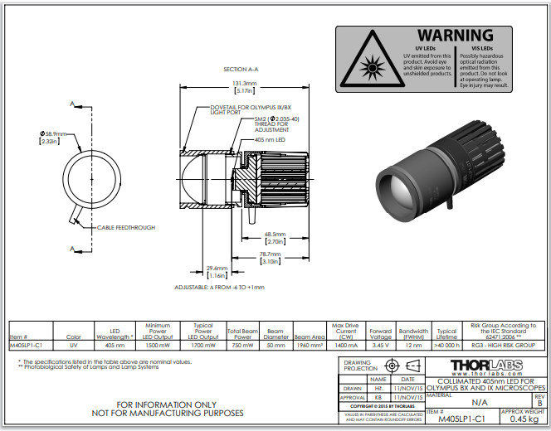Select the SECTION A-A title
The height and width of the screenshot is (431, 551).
click(241, 69)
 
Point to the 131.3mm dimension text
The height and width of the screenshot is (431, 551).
click(244, 84)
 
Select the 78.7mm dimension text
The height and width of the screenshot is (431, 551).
click(271, 254)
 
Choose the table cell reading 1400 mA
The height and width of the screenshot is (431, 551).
click(346, 344)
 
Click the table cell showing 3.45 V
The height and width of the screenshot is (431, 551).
click(381, 344)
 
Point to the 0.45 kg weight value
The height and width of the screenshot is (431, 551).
click(524, 419)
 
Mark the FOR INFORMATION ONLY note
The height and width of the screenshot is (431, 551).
click(179, 404)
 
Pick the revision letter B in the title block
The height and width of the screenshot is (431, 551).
click(540, 404)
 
